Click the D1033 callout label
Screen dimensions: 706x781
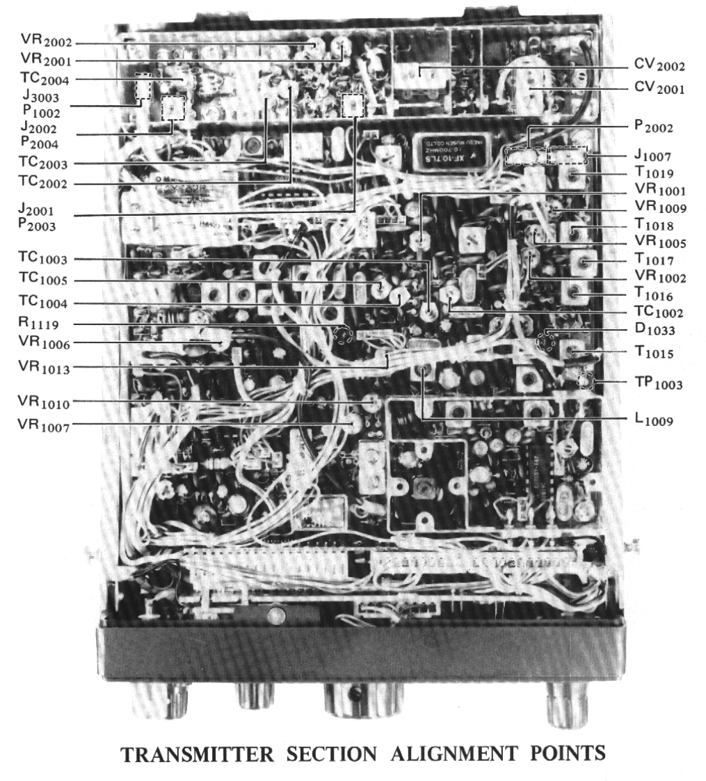point(650,332)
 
